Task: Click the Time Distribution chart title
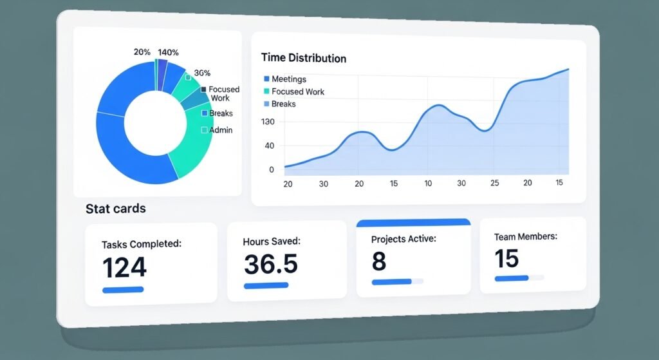pyautogui.click(x=304, y=58)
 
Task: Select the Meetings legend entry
pyautogui.click(x=289, y=79)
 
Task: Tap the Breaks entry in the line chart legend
pyautogui.click(x=283, y=104)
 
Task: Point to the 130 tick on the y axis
pyautogui.click(x=267, y=122)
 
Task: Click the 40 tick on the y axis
pyautogui.click(x=269, y=146)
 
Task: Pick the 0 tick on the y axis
pyautogui.click(x=272, y=169)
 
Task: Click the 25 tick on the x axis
pyautogui.click(x=494, y=184)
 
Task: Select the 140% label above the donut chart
pyautogui.click(x=168, y=52)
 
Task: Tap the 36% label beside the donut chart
pyautogui.click(x=202, y=73)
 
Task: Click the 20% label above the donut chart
pyautogui.click(x=142, y=52)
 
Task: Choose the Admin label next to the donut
pyautogui.click(x=221, y=130)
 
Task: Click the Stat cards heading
pyautogui.click(x=116, y=209)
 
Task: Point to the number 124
pyautogui.click(x=125, y=267)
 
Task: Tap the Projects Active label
pyautogui.click(x=404, y=239)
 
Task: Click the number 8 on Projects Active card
pyautogui.click(x=378, y=261)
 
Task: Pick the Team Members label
pyautogui.click(x=525, y=237)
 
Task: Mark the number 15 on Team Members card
pyautogui.click(x=506, y=258)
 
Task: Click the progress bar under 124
pyautogui.click(x=123, y=290)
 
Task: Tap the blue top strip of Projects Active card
pyautogui.click(x=413, y=223)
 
